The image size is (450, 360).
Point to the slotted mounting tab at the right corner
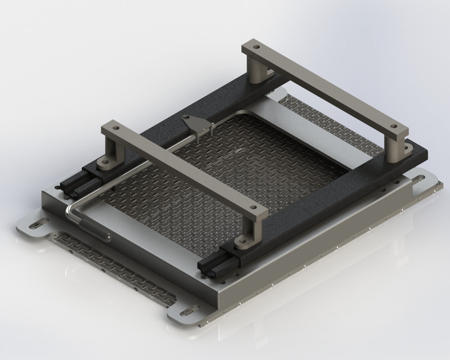[x=423, y=181]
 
